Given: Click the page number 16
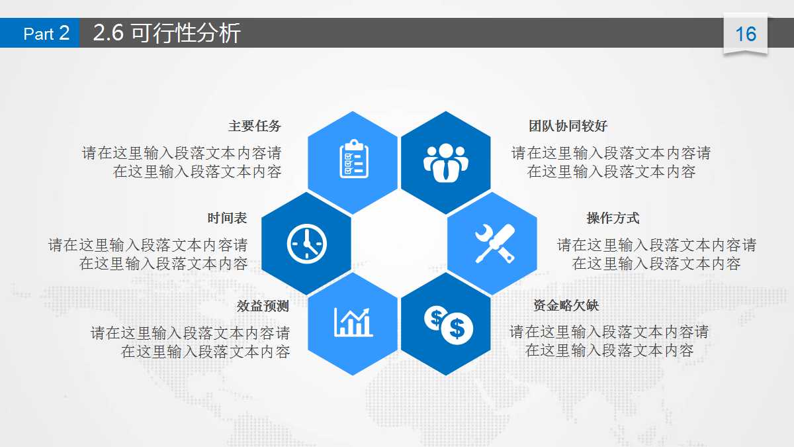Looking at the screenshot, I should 746,34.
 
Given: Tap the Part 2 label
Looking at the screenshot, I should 46,33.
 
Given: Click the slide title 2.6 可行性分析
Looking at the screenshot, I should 167,33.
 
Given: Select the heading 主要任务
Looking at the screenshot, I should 255,126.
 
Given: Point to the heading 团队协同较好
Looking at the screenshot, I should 568,126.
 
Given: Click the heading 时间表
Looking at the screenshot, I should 227,219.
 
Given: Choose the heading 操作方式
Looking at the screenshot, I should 613,219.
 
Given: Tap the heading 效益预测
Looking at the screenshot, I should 263,306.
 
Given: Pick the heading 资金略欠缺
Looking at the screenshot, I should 566,306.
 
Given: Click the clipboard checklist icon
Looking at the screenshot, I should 354,160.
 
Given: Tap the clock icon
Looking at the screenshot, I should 307,243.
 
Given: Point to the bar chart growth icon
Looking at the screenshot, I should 353,323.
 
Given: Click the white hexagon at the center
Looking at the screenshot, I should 400,243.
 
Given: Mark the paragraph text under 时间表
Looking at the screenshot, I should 148,254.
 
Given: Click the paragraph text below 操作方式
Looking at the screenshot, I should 656,254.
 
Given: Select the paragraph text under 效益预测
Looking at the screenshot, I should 190,342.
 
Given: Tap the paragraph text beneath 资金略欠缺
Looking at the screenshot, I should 609,340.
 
